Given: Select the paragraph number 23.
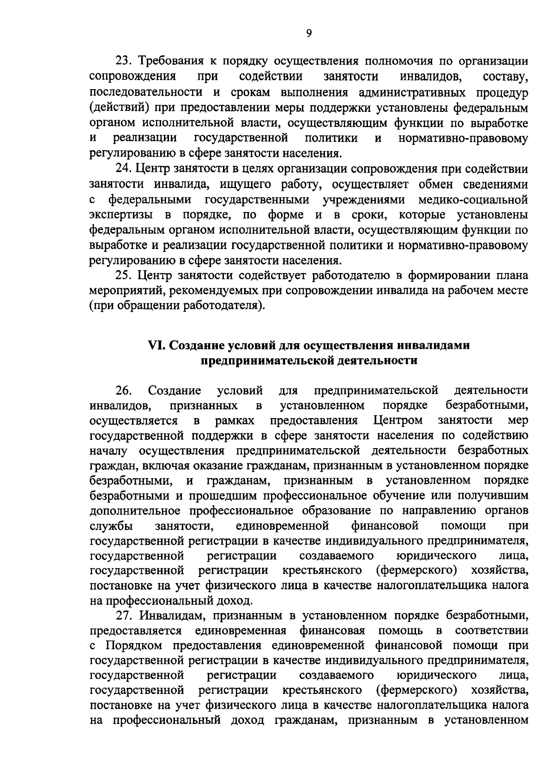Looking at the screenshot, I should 124,61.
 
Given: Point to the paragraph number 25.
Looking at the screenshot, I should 124,276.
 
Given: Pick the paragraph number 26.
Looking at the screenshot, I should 124,391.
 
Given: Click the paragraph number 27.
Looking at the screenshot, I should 124,616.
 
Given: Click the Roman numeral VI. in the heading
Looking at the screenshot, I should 157,345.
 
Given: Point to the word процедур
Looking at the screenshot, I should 502,92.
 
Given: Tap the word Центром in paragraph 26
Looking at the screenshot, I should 397,420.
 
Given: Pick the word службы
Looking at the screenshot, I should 111,526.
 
